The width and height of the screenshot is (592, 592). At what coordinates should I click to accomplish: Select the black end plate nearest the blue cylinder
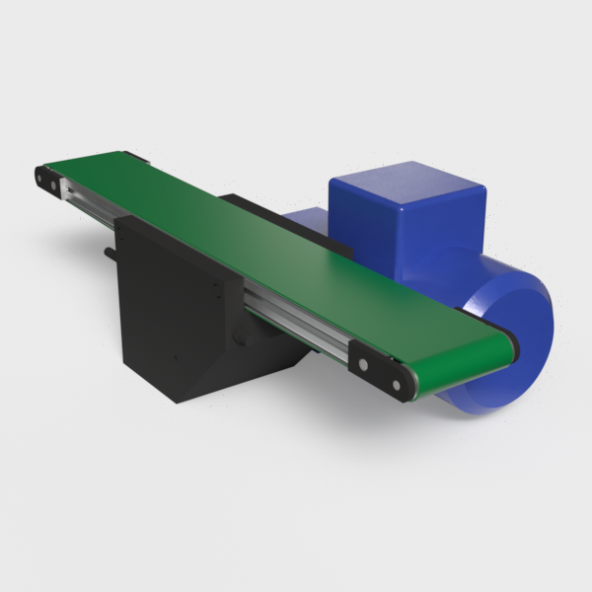pyautogui.click(x=380, y=371)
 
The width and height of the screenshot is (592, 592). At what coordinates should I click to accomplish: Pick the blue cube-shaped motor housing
pyautogui.click(x=405, y=222)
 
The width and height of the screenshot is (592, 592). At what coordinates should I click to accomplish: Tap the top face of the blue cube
pyautogui.click(x=405, y=178)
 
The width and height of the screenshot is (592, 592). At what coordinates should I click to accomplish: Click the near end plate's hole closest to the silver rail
pyautogui.click(x=363, y=363)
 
